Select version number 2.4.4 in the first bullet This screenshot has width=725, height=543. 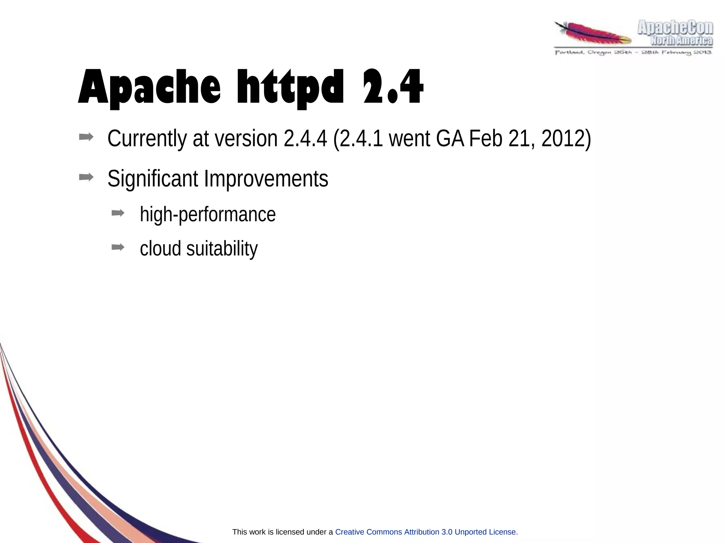pyautogui.click(x=305, y=139)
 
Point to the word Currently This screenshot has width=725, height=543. pyautogui.click(x=147, y=139)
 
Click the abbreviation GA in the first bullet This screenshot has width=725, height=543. pyautogui.click(x=450, y=139)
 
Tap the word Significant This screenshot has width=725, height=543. pyautogui.click(x=153, y=179)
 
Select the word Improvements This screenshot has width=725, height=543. pyautogui.click(x=266, y=179)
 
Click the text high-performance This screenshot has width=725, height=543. pyautogui.click(x=207, y=215)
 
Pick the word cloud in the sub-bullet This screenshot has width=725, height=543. pyautogui.click(x=160, y=249)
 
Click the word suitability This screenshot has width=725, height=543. pyautogui.click(x=222, y=249)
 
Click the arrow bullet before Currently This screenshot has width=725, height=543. pyautogui.click(x=86, y=137)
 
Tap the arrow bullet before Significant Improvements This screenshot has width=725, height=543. pyautogui.click(x=86, y=177)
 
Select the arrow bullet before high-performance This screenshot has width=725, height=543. pyautogui.click(x=118, y=213)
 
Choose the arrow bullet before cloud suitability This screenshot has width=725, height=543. pyautogui.click(x=118, y=247)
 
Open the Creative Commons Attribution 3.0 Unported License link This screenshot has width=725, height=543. pyautogui.click(x=426, y=532)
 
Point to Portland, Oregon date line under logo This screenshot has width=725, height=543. pyautogui.click(x=633, y=53)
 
